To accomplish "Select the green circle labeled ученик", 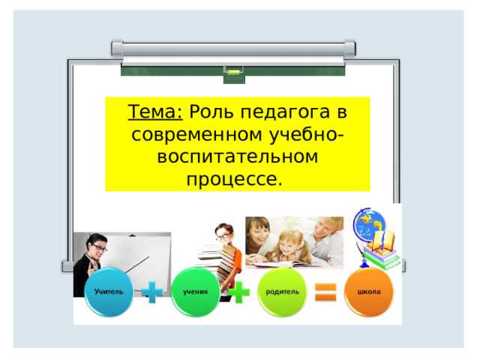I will point(195,291).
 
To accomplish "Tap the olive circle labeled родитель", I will point(283,291).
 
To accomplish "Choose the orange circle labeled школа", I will point(368,291).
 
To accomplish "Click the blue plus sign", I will point(152,291).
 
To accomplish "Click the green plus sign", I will point(239,291).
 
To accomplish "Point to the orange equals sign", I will point(325,292).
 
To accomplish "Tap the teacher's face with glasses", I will point(98,246).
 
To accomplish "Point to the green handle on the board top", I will point(233,71).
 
